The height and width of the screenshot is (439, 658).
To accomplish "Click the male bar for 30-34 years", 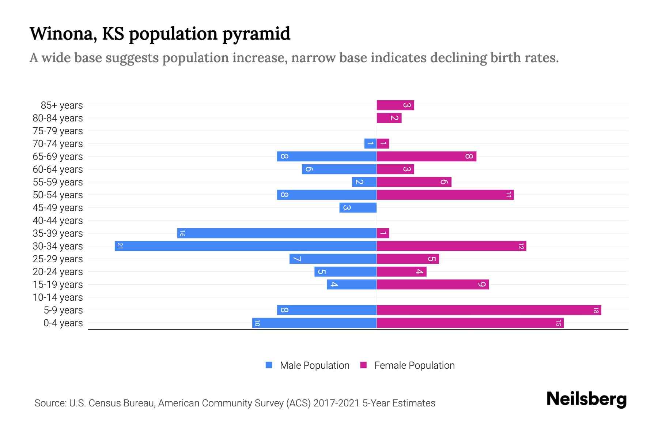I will click(246, 246).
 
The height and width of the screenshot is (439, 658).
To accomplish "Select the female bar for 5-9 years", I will click(489, 310).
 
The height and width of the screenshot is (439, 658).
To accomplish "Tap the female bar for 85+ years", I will click(395, 105).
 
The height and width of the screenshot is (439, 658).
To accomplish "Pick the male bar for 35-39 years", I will click(277, 233).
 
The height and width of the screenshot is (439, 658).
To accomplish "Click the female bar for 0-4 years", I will click(470, 323).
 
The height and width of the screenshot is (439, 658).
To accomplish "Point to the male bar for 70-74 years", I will click(370, 143).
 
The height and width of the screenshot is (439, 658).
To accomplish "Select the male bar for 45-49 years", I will click(358, 208).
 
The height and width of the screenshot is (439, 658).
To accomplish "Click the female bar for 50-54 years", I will click(445, 195).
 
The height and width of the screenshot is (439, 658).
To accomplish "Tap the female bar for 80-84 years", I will click(389, 118).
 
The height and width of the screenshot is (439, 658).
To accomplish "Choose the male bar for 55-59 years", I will click(364, 182).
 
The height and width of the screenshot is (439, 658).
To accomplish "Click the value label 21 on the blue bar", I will click(120, 246).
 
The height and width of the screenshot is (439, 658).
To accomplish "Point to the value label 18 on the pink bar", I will click(596, 310).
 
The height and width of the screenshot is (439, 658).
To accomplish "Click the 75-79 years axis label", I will click(58, 131).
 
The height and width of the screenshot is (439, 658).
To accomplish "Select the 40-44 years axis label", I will click(58, 221).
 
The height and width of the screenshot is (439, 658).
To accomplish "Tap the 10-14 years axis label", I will click(58, 297).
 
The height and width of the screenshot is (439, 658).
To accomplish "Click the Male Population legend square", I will click(269, 365).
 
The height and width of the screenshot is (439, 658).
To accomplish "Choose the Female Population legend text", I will click(414, 365).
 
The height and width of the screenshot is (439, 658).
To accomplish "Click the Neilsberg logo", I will click(586, 399).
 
